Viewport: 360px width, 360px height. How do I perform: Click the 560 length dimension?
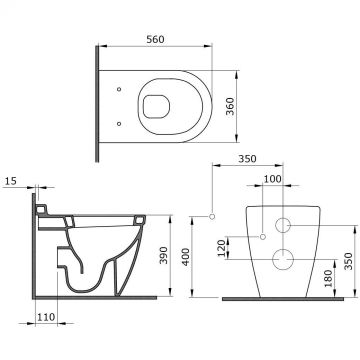click(x=156, y=39)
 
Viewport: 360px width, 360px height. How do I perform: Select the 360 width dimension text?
click(x=230, y=106)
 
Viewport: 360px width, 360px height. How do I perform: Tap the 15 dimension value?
click(x=11, y=181)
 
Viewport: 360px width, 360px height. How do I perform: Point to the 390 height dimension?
click(x=164, y=255)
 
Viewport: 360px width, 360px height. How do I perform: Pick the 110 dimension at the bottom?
click(x=46, y=317)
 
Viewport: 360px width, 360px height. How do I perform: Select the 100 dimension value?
click(x=273, y=179)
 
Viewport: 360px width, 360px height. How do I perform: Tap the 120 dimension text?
click(x=222, y=247)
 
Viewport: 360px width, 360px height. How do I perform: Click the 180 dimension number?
click(x=329, y=278)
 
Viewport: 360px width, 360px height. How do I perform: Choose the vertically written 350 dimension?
click(x=348, y=261)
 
